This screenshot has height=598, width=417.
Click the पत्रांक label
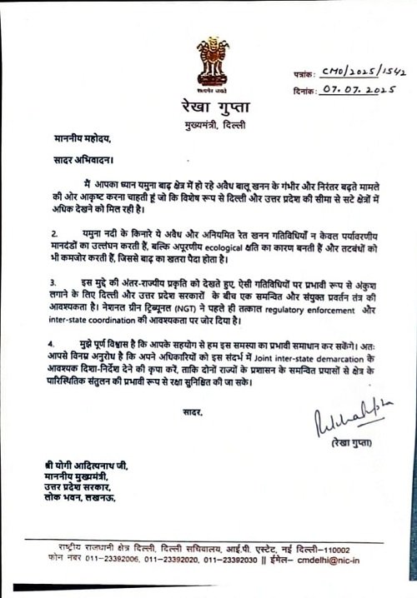click(x=311, y=76)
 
